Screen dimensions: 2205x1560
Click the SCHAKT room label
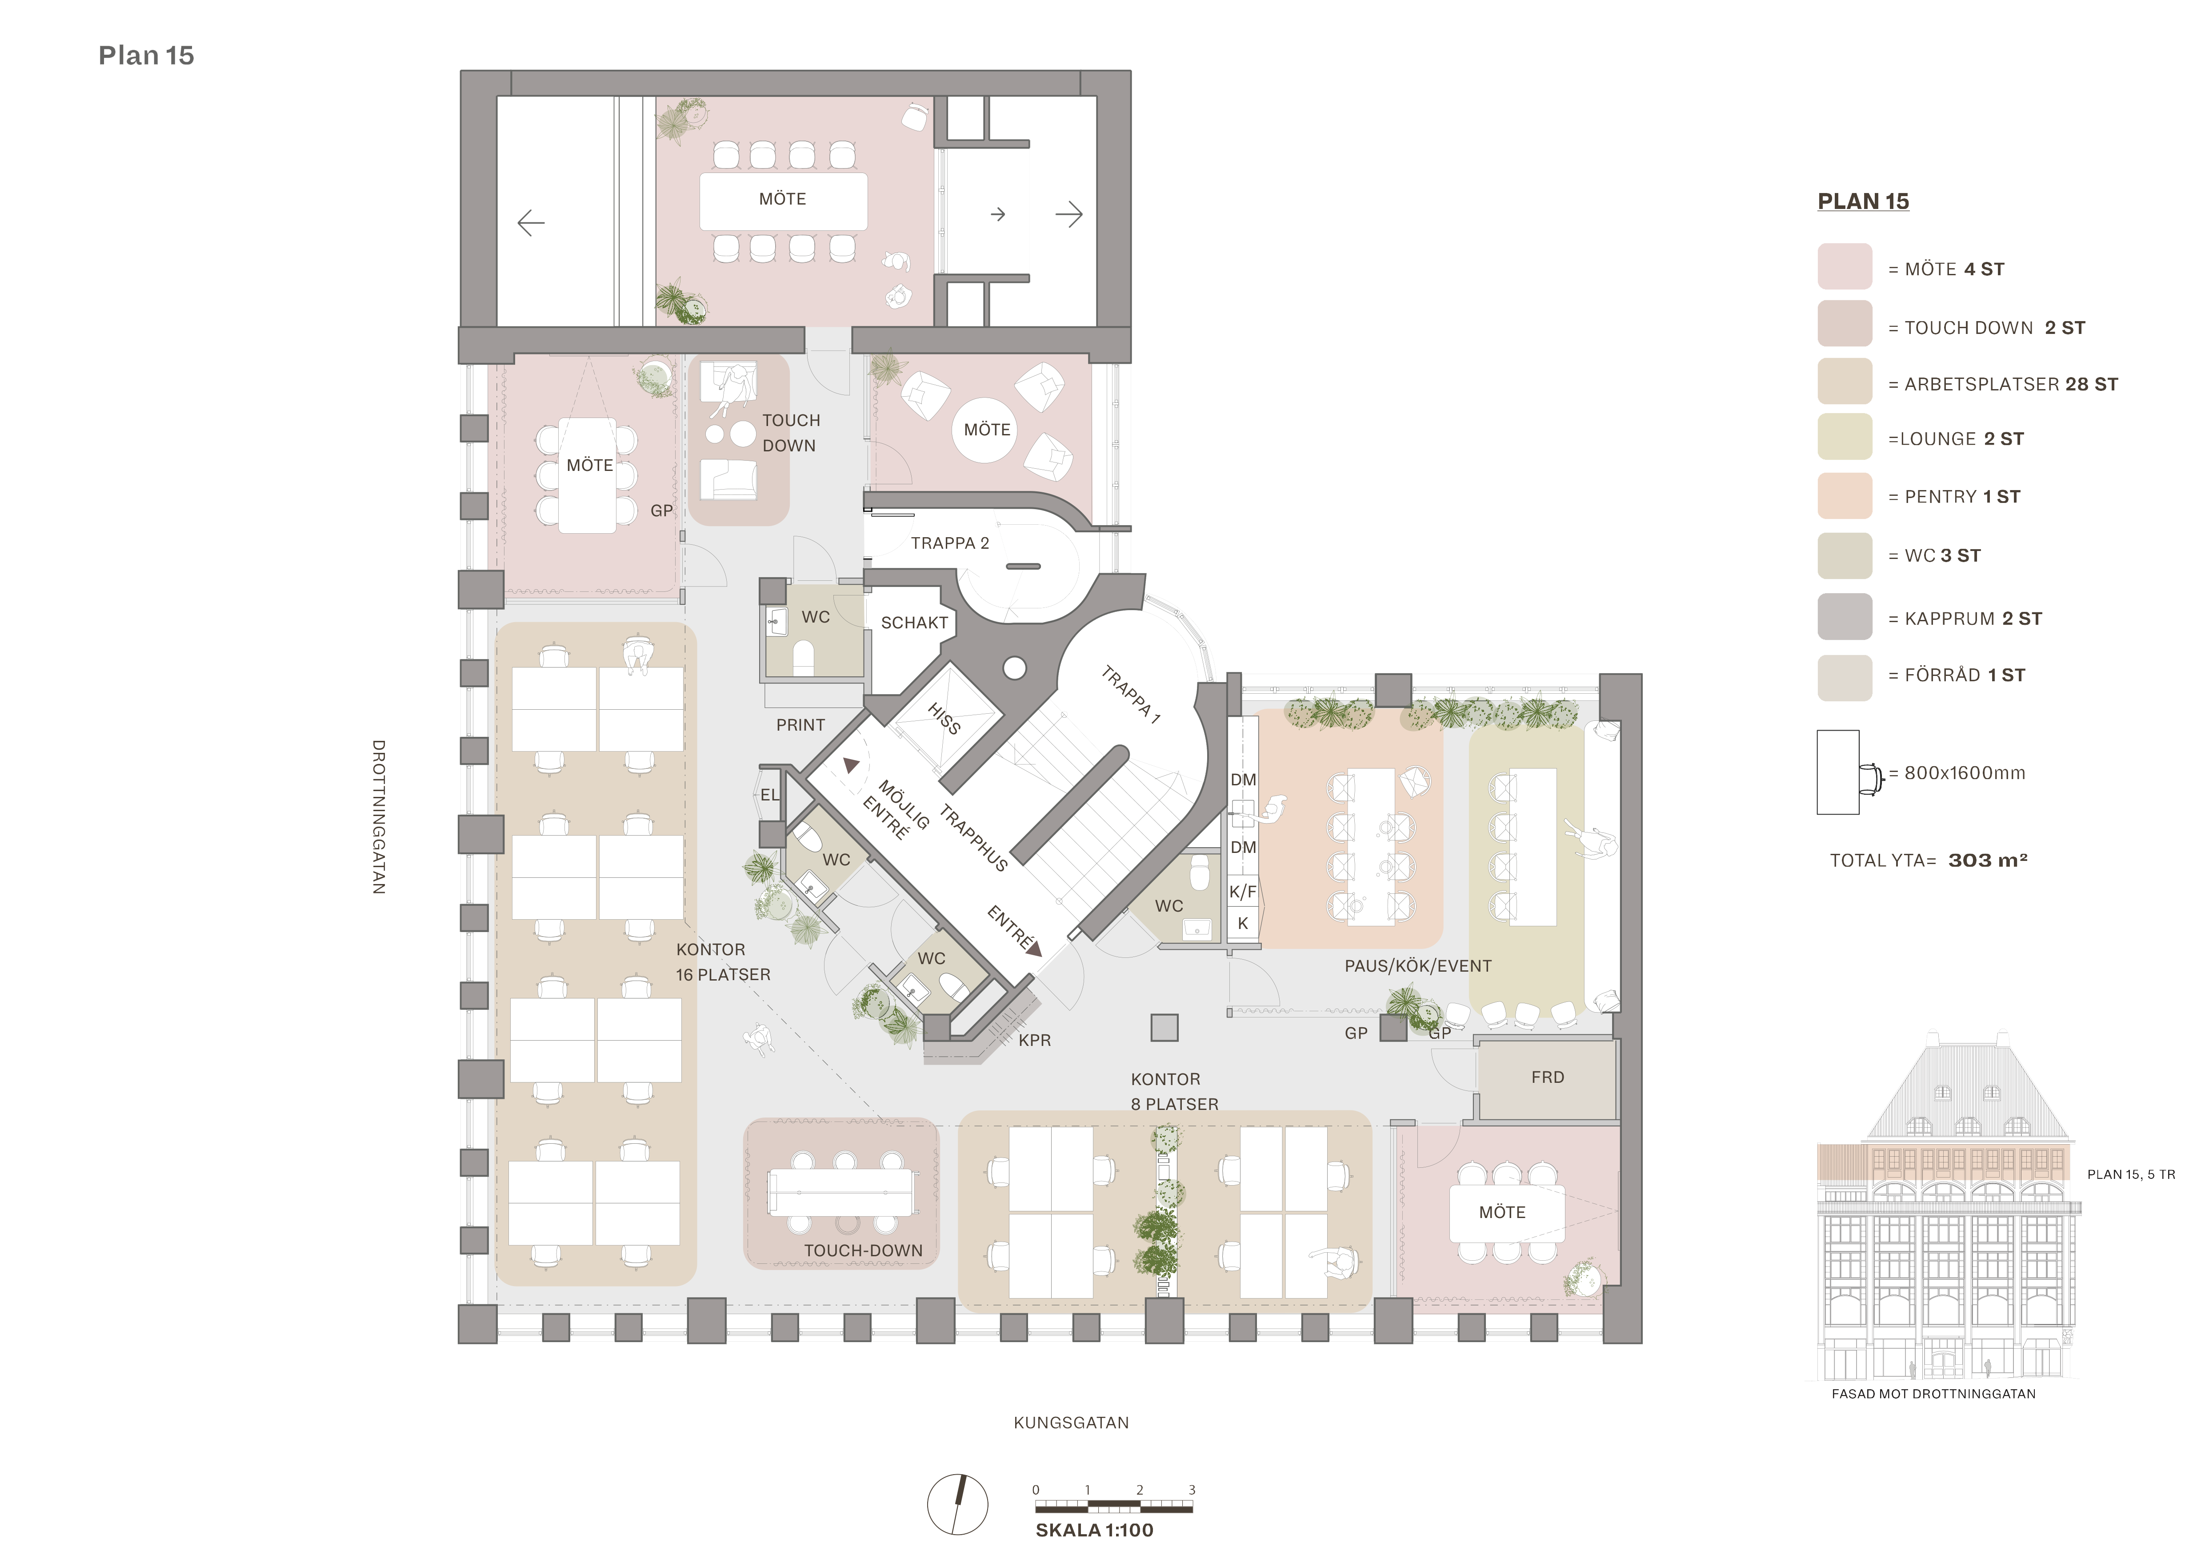coord(914,623)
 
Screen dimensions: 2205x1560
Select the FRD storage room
coord(1547,1078)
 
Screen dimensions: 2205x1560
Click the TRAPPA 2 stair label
coord(950,544)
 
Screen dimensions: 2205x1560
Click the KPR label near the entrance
coord(1034,1040)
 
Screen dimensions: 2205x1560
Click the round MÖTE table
coord(987,430)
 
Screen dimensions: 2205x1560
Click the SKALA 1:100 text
coord(1094,1530)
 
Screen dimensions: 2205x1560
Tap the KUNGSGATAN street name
coord(1071,1423)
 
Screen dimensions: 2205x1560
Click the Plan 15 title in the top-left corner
coord(146,56)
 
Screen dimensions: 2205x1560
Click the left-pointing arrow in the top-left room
coord(531,223)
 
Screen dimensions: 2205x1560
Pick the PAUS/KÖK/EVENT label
coord(1417,966)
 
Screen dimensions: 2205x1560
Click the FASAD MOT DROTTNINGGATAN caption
coord(1933,1394)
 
